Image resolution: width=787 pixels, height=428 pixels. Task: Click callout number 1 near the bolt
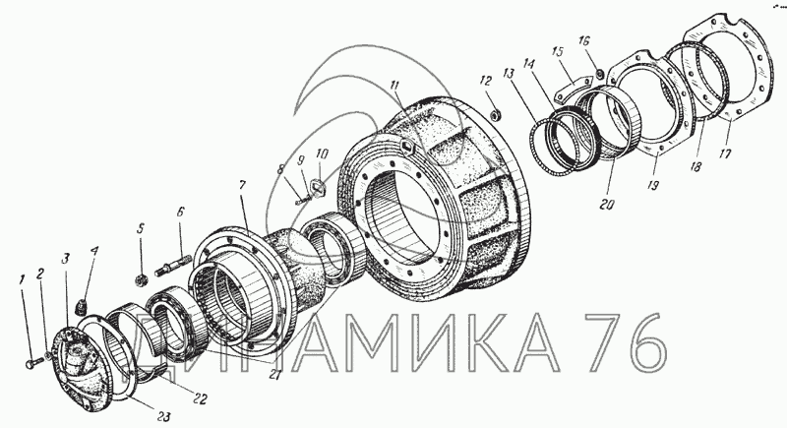[22, 280]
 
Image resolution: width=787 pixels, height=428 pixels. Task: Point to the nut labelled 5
[141, 279]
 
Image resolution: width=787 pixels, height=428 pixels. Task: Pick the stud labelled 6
[173, 265]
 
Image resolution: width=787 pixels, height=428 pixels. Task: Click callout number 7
[242, 186]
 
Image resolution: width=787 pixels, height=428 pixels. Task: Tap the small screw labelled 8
[301, 201]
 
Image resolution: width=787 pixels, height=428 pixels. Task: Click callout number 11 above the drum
[395, 85]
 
